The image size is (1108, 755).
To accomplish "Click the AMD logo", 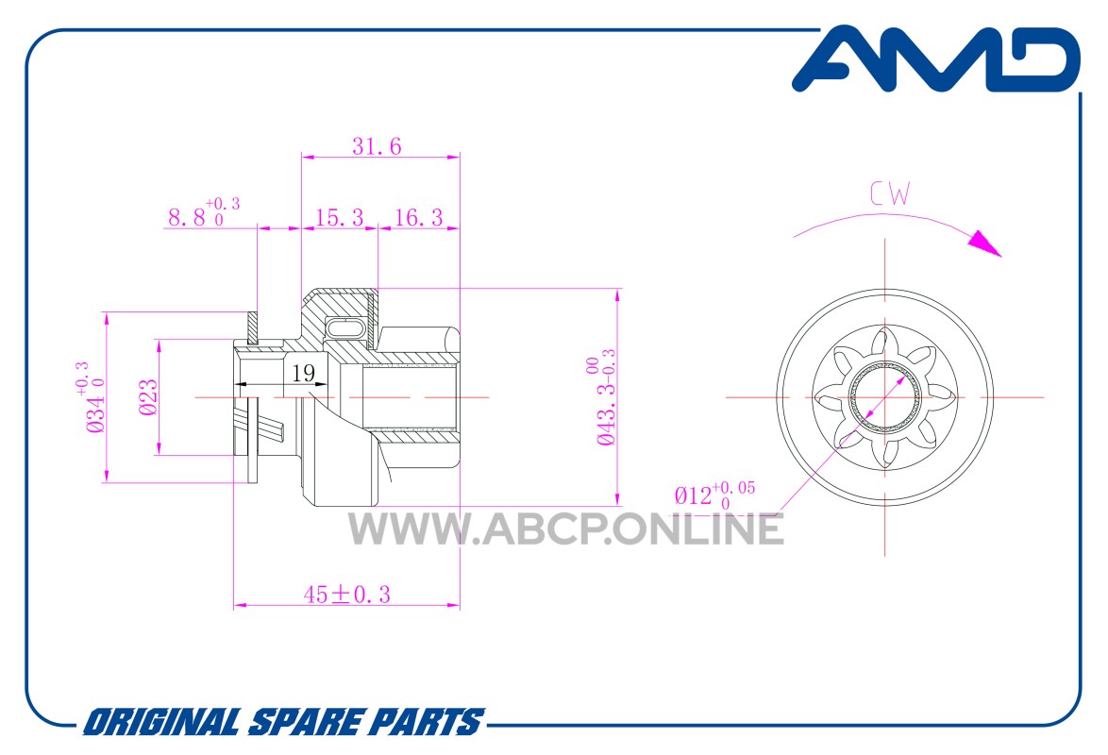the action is click(935, 59).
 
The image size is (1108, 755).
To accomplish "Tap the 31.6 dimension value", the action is click(377, 146).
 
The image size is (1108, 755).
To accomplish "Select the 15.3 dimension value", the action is click(339, 217).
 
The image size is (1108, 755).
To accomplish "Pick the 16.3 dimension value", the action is click(418, 217).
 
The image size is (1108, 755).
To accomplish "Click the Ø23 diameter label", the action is click(147, 397).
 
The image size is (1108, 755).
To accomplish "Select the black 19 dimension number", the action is click(304, 373).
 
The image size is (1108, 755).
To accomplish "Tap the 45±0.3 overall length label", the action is click(347, 595).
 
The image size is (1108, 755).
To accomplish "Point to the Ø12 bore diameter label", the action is click(714, 495).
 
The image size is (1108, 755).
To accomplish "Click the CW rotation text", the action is click(890, 193).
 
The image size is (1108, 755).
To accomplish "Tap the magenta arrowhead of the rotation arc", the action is click(984, 243).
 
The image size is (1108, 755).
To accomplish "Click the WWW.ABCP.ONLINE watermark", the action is click(566, 528).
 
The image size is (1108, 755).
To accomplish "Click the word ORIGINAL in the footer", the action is click(161, 723).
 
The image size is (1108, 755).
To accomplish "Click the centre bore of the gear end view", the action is click(885, 396).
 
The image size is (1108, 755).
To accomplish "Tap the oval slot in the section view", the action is click(347, 328).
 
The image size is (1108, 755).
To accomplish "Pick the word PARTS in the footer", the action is click(427, 723).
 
